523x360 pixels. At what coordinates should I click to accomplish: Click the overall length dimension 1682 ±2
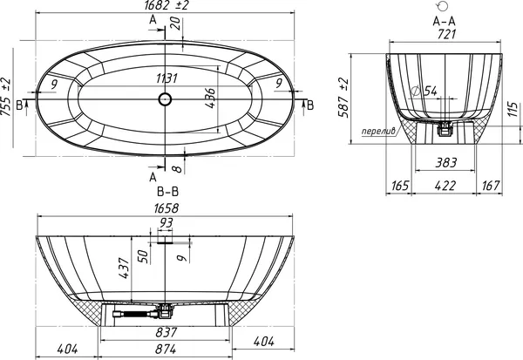point(166,5)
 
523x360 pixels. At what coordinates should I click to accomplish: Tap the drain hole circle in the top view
point(165,99)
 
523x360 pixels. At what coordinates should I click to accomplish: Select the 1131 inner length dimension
point(166,78)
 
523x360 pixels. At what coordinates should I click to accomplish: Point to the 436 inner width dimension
point(210,98)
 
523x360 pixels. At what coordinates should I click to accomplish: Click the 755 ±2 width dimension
point(6,97)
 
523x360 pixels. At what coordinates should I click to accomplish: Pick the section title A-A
point(444,21)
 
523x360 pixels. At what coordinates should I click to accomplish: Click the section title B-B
point(167,192)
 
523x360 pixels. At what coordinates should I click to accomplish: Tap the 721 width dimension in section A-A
point(446,34)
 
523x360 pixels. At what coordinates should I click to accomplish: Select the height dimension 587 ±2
point(343,98)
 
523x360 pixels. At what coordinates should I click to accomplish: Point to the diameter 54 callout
point(425,91)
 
